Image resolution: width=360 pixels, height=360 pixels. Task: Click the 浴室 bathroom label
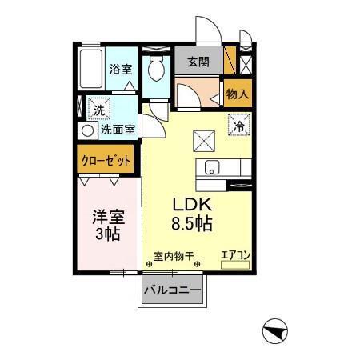tap(121, 70)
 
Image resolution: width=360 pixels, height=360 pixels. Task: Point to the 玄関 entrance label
tap(199, 62)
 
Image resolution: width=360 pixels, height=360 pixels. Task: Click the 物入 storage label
tap(238, 94)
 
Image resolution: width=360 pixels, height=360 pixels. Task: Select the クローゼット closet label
tap(106, 160)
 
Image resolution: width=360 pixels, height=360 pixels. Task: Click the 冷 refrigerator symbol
tap(238, 125)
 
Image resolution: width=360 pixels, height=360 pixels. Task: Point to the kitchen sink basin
tap(212, 168)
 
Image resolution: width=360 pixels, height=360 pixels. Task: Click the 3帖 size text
tap(106, 234)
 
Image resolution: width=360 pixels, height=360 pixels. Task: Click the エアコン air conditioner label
tap(236, 255)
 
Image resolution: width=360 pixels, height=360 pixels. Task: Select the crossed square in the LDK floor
tap(203, 141)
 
